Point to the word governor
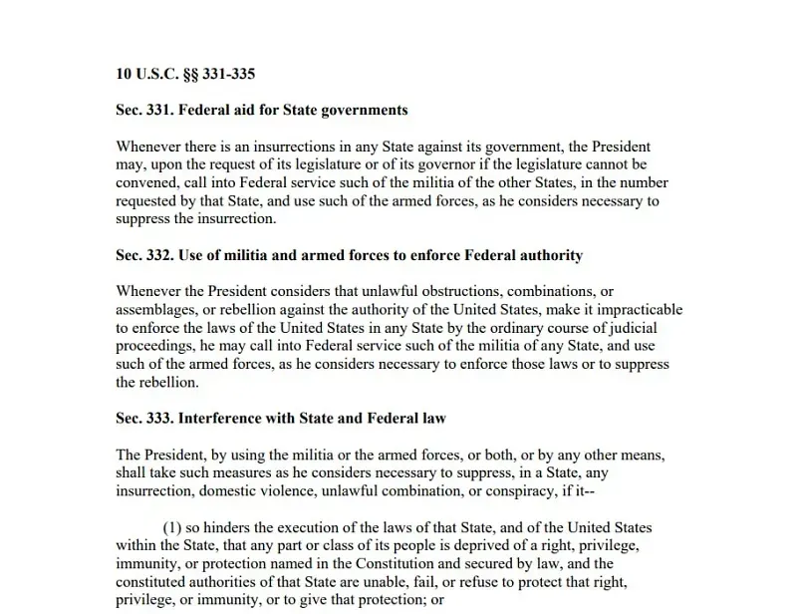point(396,164)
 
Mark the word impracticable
point(637,309)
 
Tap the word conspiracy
point(530,491)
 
